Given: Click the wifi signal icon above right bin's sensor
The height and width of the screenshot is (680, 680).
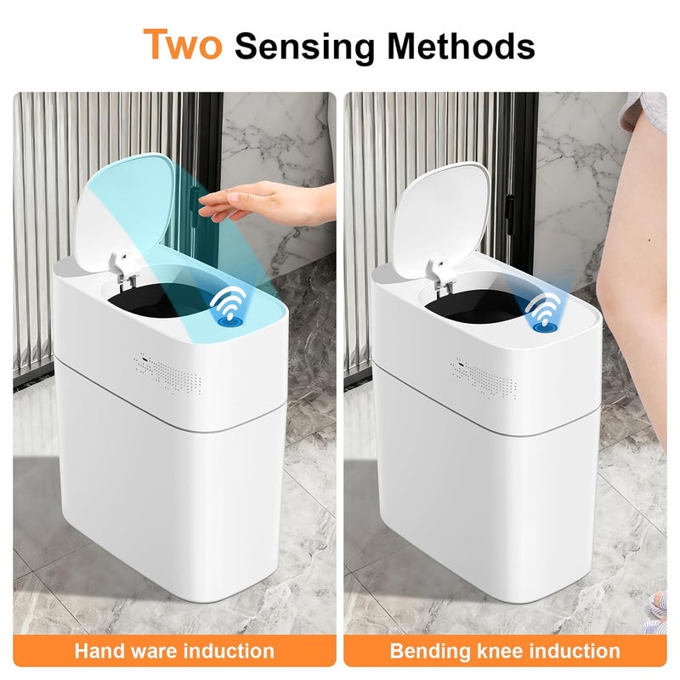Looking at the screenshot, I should (x=544, y=302).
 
